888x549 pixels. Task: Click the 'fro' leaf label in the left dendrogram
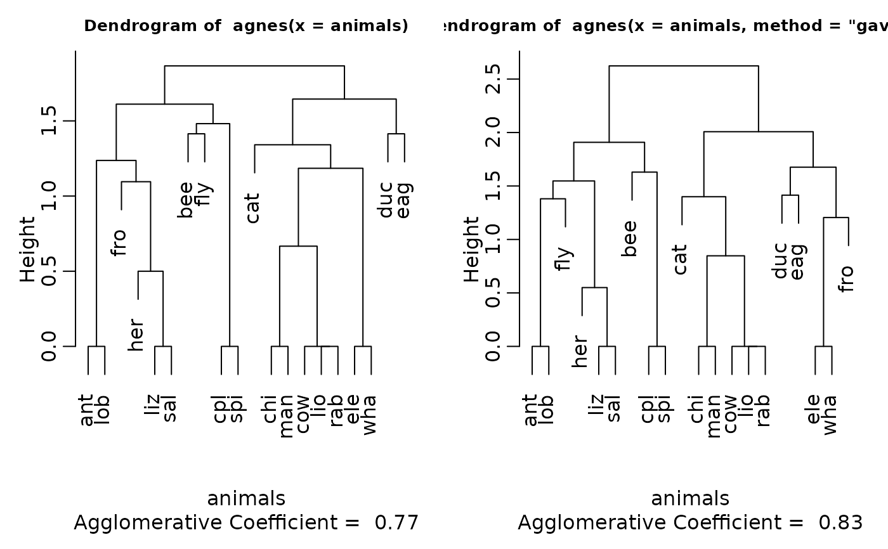point(119,242)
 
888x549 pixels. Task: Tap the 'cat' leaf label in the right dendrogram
point(680,260)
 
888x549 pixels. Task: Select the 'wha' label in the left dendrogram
point(370,415)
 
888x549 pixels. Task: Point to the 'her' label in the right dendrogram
point(580,351)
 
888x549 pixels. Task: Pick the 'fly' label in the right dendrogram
point(564,259)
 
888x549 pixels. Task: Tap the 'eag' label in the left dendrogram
point(404,200)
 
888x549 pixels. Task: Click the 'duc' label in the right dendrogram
point(780,261)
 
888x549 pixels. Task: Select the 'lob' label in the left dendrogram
point(103,410)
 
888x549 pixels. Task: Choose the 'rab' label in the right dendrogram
point(763,410)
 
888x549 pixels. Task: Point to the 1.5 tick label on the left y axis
point(48,120)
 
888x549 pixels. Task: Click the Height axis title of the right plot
point(471,249)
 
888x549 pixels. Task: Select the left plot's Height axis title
point(27,249)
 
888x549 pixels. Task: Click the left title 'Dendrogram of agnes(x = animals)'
point(246,26)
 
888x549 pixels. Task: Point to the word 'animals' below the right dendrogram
point(690,498)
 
